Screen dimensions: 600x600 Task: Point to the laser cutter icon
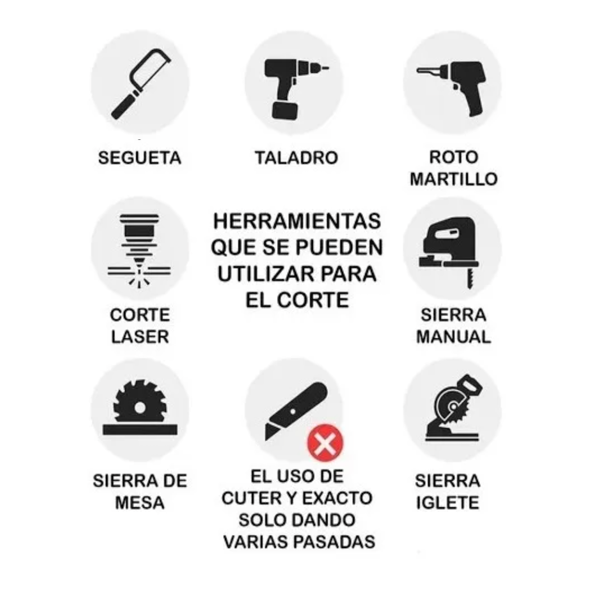coord(139,251)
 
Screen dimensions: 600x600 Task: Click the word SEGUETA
coord(140,158)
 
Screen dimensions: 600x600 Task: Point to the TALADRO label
coord(296,158)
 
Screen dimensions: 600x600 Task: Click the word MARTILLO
coord(454,180)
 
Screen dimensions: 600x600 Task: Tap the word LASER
coord(140,337)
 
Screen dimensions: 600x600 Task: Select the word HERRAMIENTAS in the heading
coord(297,221)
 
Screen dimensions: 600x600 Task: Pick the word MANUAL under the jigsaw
coord(454,337)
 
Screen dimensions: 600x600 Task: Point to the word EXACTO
coord(337,498)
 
